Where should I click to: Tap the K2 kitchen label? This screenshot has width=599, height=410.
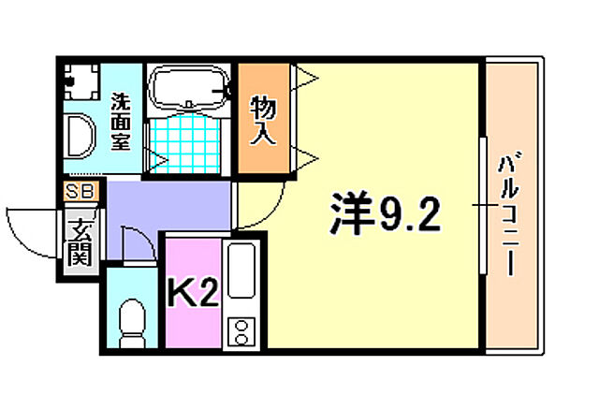pyautogui.click(x=193, y=296)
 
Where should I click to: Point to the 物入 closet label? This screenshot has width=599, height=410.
pyautogui.click(x=263, y=121)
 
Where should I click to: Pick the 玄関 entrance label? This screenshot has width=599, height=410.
pyautogui.click(x=80, y=239)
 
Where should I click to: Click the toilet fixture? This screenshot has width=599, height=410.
pyautogui.click(x=133, y=318)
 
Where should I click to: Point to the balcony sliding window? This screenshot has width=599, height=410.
pyautogui.click(x=484, y=205)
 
